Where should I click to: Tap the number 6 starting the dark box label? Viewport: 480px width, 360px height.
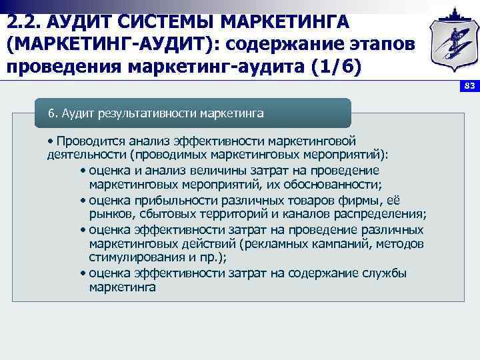[51, 113]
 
